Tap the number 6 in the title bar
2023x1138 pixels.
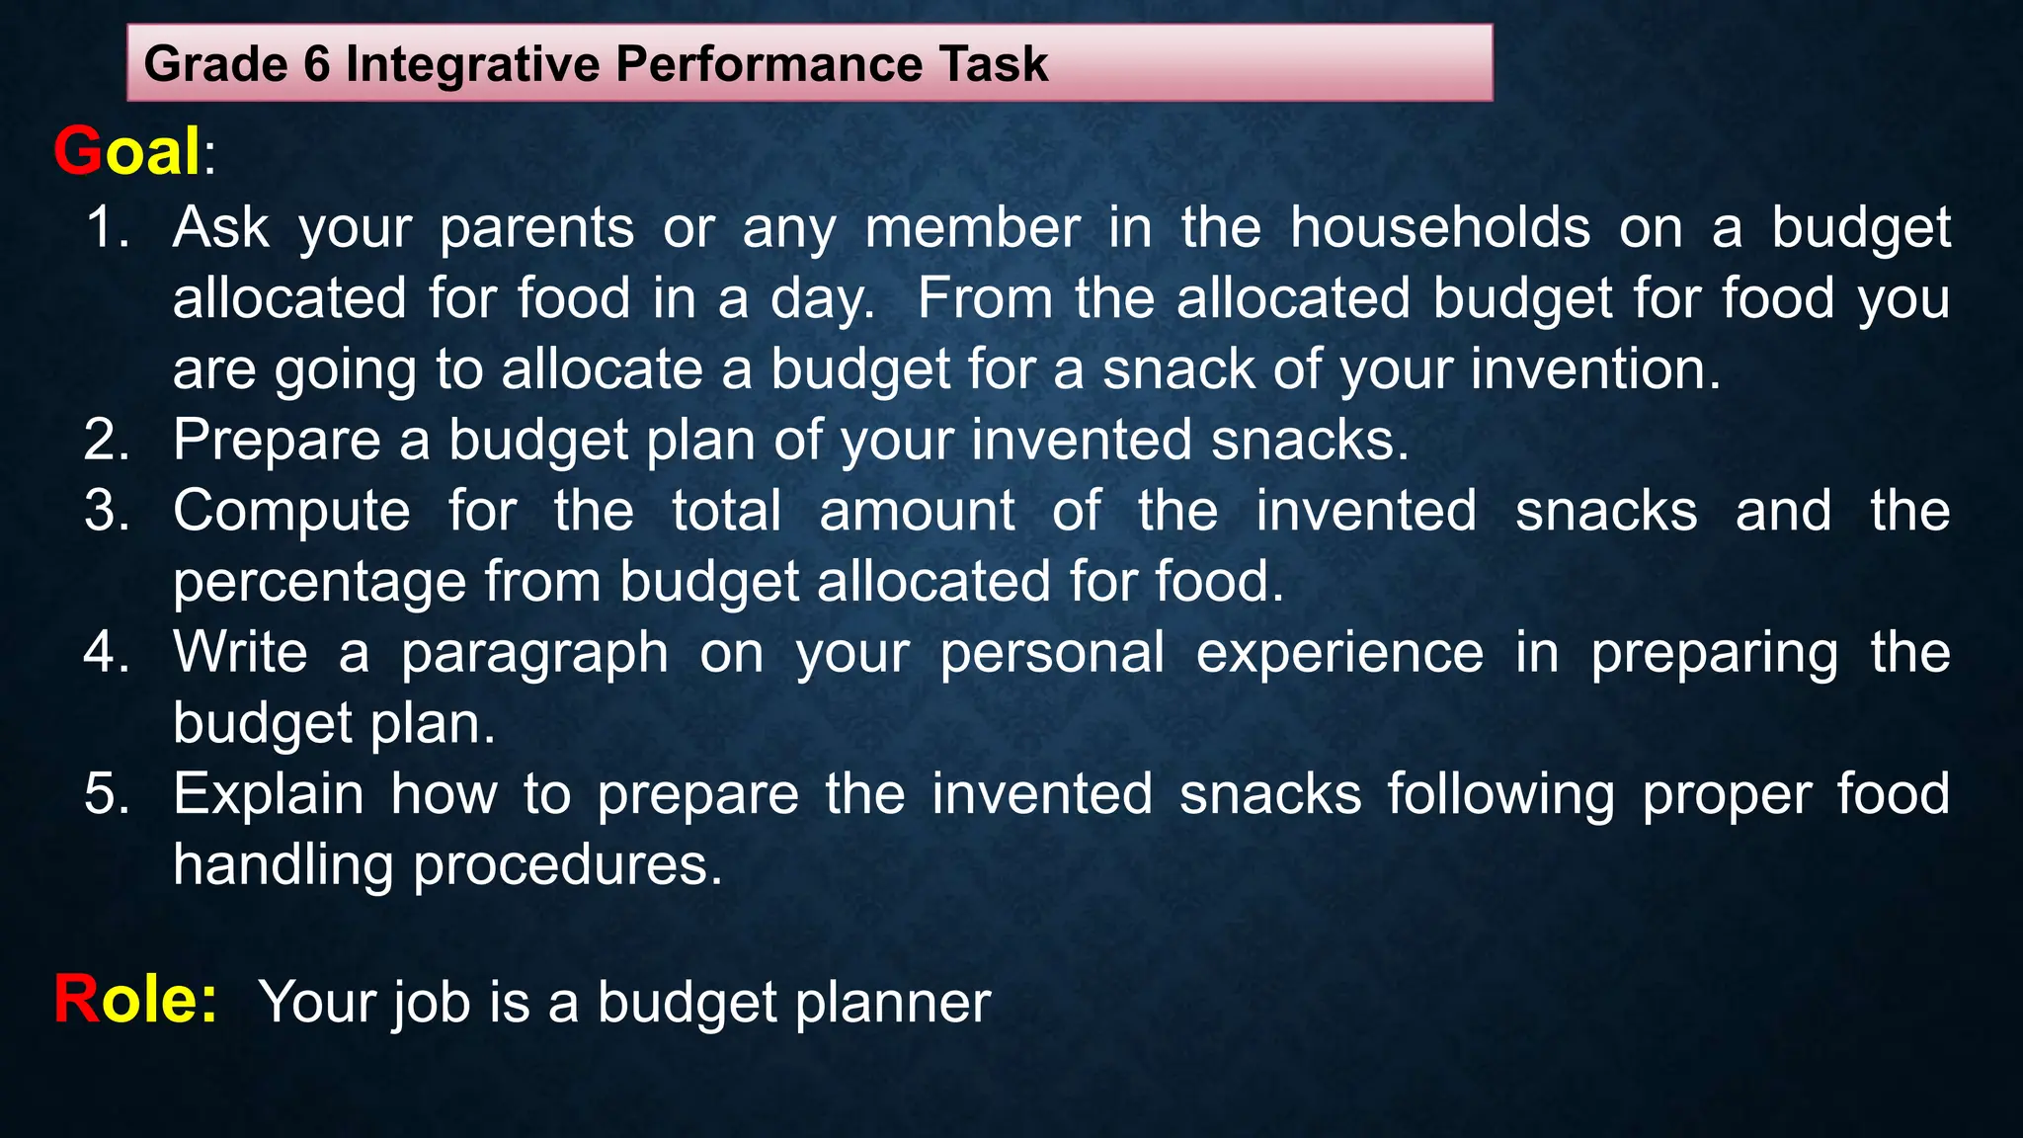pos(316,64)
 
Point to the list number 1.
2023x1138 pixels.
pos(107,228)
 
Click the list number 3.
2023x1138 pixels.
pos(107,512)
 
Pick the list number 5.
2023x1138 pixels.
pos(107,794)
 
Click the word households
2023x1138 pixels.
pos(1440,228)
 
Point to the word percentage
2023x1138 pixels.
pos(319,583)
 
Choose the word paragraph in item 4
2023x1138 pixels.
pos(534,655)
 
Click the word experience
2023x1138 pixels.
pos(1339,655)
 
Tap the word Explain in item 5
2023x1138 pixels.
pos(269,795)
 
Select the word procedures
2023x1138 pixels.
pos(567,866)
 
